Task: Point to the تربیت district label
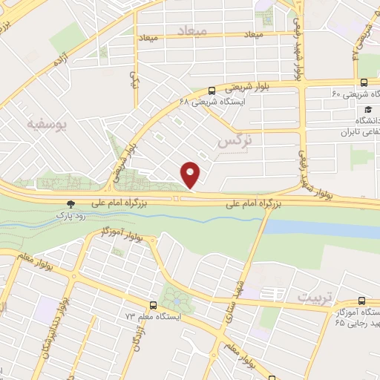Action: pyautogui.click(x=312, y=297)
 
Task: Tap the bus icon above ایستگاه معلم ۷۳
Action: pyautogui.click(x=153, y=305)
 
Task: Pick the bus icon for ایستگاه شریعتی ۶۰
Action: pyautogui.click(x=363, y=82)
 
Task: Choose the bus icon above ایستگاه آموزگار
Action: pyautogui.click(x=361, y=301)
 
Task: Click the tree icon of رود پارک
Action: pyautogui.click(x=71, y=203)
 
